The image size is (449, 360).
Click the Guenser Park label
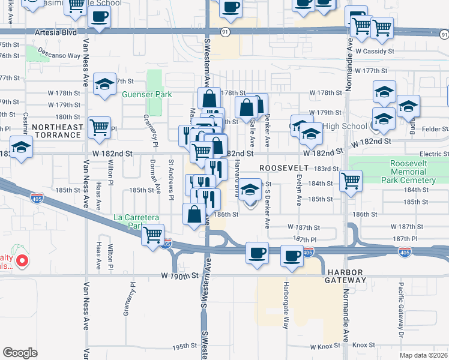pyautogui.click(x=146, y=94)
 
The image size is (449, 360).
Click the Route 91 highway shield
pyautogui.click(x=224, y=32)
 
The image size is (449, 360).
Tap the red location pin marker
pyautogui.click(x=22, y=260)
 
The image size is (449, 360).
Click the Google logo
pyautogui.click(x=20, y=352)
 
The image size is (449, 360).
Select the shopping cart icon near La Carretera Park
pyautogui.click(x=153, y=234)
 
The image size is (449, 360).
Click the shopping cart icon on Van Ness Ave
pyautogui.click(x=99, y=127)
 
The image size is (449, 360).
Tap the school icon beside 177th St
pyautogui.click(x=104, y=85)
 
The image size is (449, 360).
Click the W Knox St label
pyautogui.click(x=325, y=347)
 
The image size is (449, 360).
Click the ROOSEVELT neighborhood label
pyautogui.click(x=283, y=169)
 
